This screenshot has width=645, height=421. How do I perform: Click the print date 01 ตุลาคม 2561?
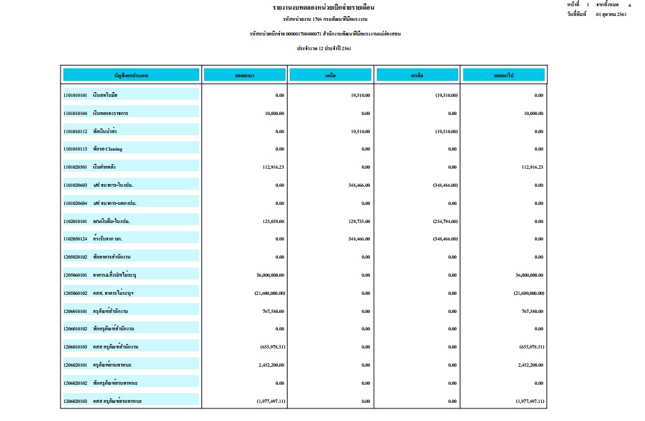coord(611,14)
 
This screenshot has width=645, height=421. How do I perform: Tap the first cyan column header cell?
coord(131,75)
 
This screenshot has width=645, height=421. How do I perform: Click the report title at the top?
coord(322,7)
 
